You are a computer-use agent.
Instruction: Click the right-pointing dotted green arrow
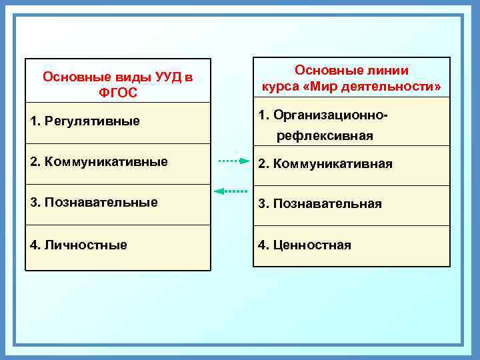[x=233, y=161]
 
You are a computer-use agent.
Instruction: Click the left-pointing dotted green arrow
[x=230, y=191]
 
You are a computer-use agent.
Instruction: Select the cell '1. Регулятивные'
[x=117, y=122]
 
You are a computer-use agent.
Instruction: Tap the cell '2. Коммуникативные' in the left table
[x=117, y=163]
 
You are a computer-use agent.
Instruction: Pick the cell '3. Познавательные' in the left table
[x=117, y=203]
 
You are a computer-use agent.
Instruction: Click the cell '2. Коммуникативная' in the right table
[x=351, y=165]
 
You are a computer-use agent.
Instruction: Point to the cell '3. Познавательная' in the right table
[x=351, y=205]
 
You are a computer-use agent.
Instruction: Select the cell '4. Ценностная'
[x=351, y=246]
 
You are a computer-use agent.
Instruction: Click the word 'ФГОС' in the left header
[x=117, y=93]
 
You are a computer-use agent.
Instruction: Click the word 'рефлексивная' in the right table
[x=325, y=136]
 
